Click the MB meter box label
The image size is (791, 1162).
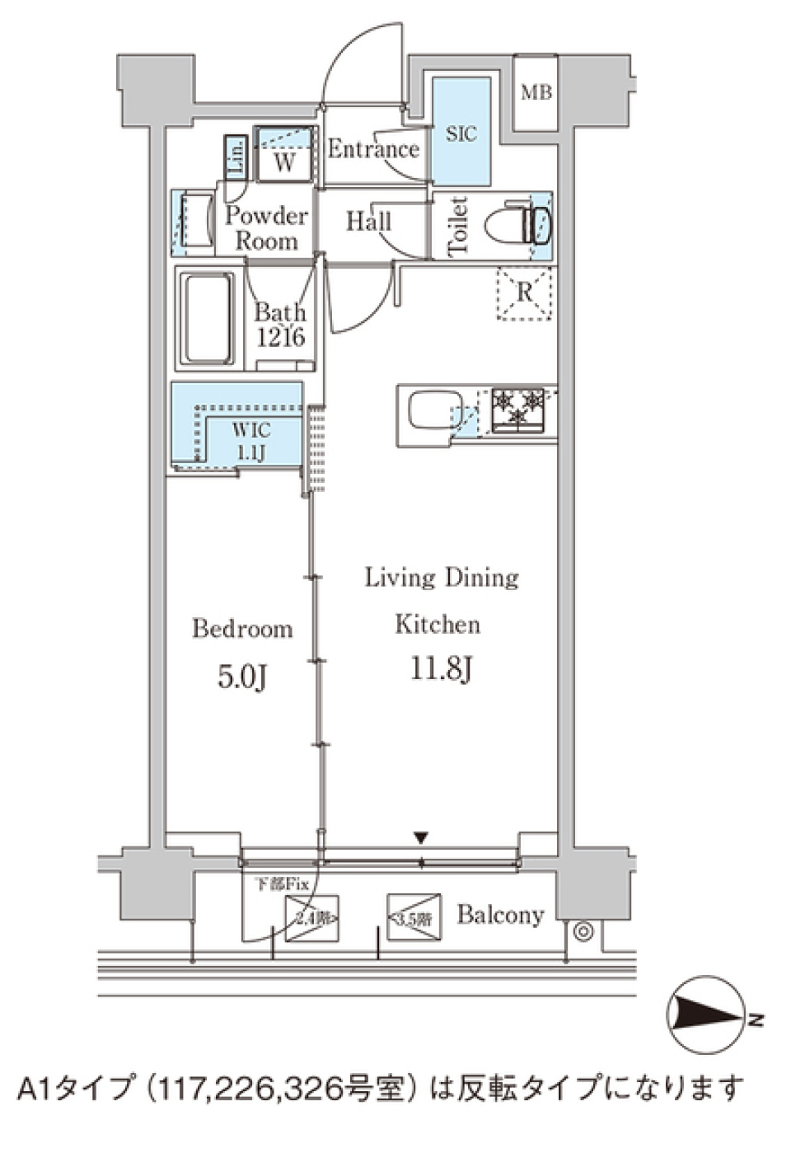(536, 92)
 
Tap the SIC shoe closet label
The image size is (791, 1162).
(461, 134)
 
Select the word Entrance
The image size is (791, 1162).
(373, 149)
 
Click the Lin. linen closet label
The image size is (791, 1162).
(235, 157)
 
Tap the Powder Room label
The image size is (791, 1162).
(265, 228)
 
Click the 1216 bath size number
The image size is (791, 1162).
(280, 337)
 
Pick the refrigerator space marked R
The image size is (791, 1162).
(524, 293)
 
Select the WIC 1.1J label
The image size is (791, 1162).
(250, 441)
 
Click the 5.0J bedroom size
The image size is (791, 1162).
(242, 677)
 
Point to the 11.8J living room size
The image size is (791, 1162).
(441, 669)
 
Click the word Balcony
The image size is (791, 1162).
(500, 915)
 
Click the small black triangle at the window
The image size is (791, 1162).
(422, 838)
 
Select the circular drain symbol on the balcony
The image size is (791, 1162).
(583, 931)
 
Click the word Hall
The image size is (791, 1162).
(368, 221)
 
